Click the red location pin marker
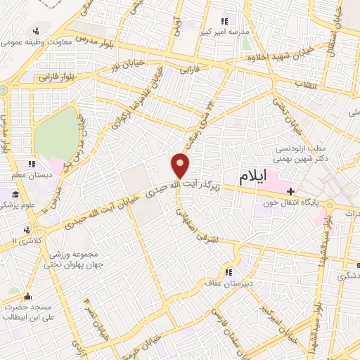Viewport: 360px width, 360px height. click(x=181, y=165)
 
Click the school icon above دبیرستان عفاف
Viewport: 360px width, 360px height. click(x=229, y=272)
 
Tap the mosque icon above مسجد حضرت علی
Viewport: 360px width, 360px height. click(x=27, y=296)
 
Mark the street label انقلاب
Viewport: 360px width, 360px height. click(x=308, y=86)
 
